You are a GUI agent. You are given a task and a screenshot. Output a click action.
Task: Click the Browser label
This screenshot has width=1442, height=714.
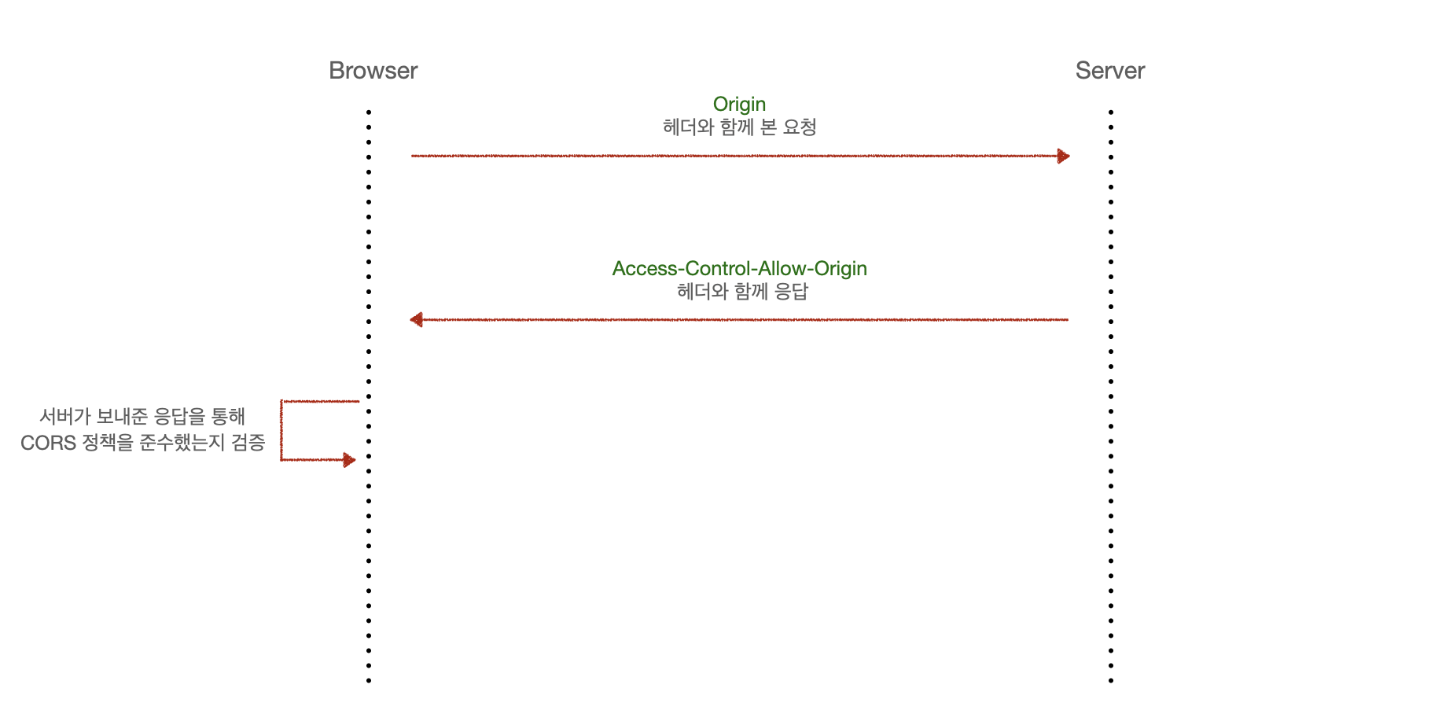click(x=373, y=71)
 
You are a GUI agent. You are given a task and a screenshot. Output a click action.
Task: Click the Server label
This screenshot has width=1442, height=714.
click(x=1109, y=71)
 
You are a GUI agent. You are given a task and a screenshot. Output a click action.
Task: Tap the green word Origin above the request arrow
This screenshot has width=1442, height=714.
click(x=739, y=105)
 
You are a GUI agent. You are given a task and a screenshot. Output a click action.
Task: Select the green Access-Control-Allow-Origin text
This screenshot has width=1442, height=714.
click(x=739, y=269)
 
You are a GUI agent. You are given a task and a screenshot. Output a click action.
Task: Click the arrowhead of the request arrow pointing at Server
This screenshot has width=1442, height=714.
click(x=1063, y=156)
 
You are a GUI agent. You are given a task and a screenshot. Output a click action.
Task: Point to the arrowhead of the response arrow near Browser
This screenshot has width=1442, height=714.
click(x=417, y=319)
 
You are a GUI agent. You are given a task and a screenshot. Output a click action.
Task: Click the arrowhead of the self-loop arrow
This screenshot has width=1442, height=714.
click(x=349, y=460)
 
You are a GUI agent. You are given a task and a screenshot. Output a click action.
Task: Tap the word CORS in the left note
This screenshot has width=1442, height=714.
click(x=48, y=443)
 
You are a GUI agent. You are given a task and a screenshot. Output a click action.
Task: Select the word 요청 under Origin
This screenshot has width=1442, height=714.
click(x=800, y=127)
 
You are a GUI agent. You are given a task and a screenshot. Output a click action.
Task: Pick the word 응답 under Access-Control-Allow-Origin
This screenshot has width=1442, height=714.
click(x=791, y=292)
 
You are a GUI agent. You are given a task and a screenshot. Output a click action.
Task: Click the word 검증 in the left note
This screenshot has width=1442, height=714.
click(x=248, y=443)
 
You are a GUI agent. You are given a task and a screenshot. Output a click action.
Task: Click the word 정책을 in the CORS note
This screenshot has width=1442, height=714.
click(x=109, y=443)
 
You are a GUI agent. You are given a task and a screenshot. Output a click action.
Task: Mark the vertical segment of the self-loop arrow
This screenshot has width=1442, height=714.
click(x=281, y=430)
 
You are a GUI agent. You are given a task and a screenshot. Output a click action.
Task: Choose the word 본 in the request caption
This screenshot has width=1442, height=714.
click(x=768, y=127)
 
